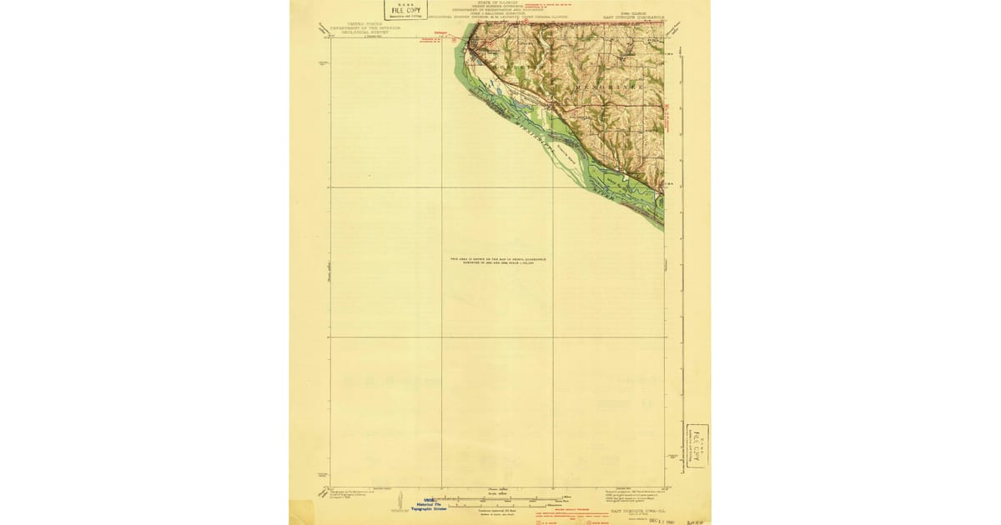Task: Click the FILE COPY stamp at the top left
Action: (405, 9)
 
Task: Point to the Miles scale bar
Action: (500, 498)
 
